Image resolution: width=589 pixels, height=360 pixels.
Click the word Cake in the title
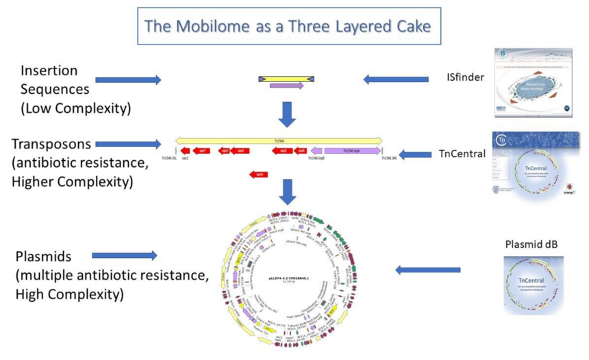[x=412, y=27]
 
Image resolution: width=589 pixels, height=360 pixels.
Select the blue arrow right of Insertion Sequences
[x=128, y=80]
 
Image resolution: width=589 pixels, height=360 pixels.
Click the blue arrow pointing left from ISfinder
[x=386, y=79]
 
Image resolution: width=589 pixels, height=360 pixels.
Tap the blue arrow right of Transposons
[x=128, y=144]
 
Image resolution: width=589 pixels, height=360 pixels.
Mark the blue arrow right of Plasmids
[x=124, y=256]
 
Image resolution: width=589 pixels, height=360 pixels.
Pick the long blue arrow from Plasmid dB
[x=427, y=270]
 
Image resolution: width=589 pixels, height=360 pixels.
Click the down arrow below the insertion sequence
[x=287, y=113]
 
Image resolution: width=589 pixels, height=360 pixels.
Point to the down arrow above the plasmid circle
[x=287, y=192]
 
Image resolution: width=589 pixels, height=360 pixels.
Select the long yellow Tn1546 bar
[x=279, y=140]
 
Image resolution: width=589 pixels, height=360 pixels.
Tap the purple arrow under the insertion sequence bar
[x=286, y=86]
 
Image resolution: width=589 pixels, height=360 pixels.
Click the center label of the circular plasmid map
[x=286, y=278]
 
